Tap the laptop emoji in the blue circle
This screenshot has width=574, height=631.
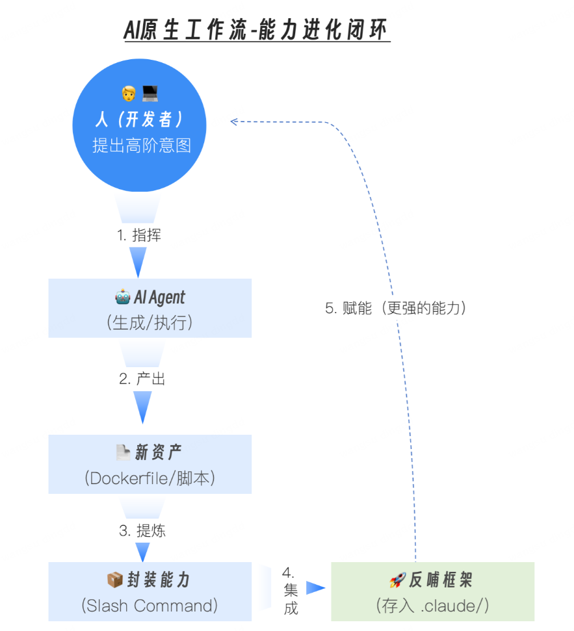tap(150, 94)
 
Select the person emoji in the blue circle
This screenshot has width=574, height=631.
tap(129, 94)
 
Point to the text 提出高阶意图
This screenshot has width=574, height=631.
tap(142, 145)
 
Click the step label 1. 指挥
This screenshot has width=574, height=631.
tap(139, 235)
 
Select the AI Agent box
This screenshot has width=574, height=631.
tap(150, 309)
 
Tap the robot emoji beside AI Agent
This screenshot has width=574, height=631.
tap(122, 298)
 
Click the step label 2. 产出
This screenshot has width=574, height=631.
tap(142, 379)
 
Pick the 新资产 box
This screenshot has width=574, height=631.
tap(150, 464)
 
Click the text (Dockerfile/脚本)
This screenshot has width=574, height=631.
tap(150, 478)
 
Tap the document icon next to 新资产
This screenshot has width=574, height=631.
tap(122, 451)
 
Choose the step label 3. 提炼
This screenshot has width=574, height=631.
tap(142, 530)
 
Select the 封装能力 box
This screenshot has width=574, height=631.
tap(150, 591)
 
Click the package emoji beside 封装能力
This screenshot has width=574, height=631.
tap(114, 579)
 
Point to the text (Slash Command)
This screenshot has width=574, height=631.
tap(150, 606)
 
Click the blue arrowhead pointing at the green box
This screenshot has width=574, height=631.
tap(315, 588)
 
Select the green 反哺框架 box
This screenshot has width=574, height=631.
tap(432, 591)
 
